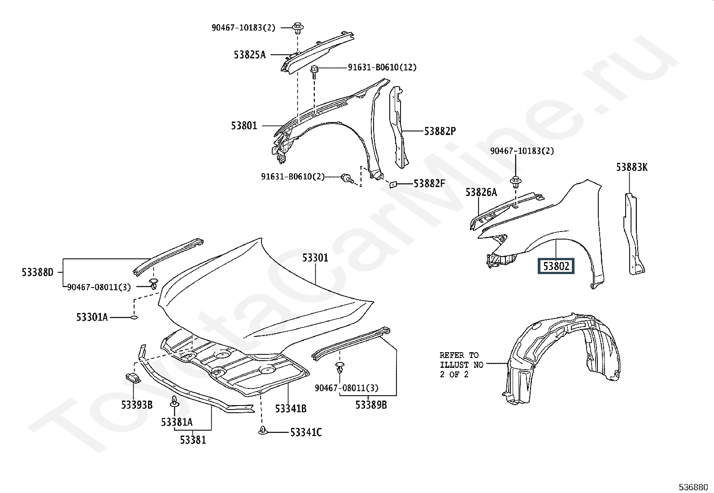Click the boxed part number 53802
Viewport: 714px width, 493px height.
(x=556, y=266)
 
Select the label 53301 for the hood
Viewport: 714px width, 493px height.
(x=315, y=257)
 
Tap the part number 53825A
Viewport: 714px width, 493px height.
(x=249, y=55)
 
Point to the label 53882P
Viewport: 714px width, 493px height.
(x=440, y=131)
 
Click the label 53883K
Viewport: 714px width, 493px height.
(x=632, y=167)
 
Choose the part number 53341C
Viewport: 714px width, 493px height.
(x=306, y=432)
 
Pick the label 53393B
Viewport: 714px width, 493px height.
(x=137, y=405)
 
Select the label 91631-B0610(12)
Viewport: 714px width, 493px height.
(x=382, y=67)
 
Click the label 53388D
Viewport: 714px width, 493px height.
(x=38, y=272)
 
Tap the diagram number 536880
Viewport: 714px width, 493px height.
(x=693, y=487)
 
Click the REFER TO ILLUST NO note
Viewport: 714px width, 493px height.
(x=461, y=365)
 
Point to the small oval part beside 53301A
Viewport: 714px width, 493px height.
(x=134, y=317)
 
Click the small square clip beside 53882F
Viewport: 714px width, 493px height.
(x=393, y=184)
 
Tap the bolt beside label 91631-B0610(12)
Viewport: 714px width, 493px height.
(x=314, y=72)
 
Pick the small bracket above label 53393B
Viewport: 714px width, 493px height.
(x=133, y=378)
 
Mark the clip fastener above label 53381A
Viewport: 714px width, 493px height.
(x=174, y=401)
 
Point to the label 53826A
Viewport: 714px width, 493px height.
(x=481, y=192)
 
